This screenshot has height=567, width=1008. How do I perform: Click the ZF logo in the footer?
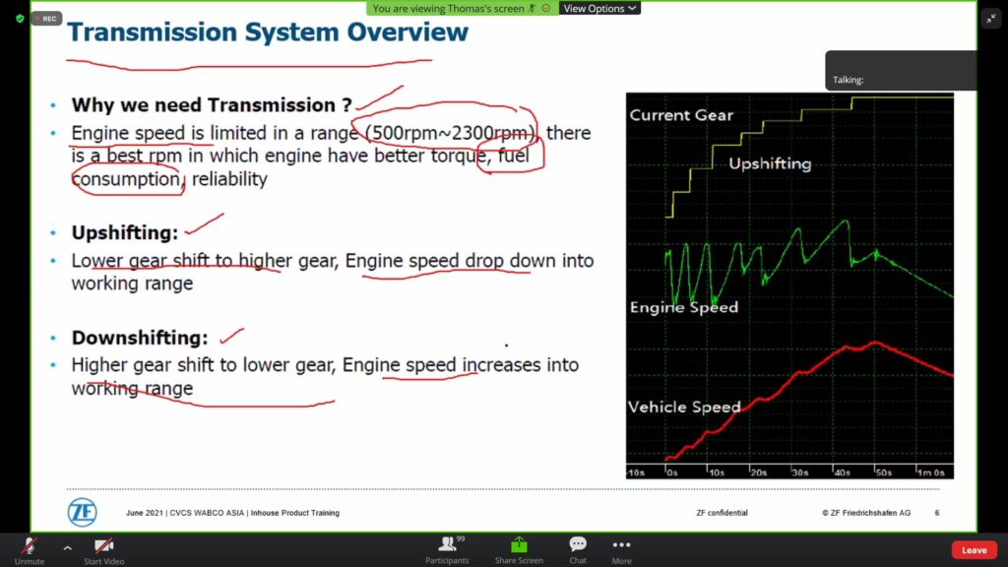[x=83, y=512]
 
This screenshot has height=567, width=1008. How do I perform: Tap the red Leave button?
[x=974, y=549]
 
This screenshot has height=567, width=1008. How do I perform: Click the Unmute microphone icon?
[x=29, y=545]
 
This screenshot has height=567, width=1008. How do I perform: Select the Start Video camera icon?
[x=103, y=545]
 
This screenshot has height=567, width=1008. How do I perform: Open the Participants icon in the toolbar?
[x=448, y=544]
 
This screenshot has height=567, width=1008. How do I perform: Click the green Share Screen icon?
[x=519, y=545]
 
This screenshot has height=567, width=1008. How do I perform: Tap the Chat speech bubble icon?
[x=577, y=544]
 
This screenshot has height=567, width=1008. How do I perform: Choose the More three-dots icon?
[x=621, y=544]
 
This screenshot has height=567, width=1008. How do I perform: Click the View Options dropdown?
[x=599, y=8]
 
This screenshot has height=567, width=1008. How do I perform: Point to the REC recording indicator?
[x=45, y=19]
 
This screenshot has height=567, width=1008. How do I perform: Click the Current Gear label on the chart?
[x=681, y=115]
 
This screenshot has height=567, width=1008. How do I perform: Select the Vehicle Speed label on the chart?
[x=684, y=407]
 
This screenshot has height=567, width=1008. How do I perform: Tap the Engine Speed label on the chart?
[x=684, y=307]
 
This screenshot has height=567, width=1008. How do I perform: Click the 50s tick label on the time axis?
[x=883, y=472]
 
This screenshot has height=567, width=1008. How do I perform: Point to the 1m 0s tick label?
[x=931, y=472]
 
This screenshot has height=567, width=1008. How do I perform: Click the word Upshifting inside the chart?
[x=770, y=164]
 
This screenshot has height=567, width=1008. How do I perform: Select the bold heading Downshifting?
[x=140, y=338]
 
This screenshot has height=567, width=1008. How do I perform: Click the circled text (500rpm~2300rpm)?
[x=450, y=133]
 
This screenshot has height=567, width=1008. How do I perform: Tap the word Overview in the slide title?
[x=408, y=32]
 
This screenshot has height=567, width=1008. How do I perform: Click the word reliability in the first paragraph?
[x=229, y=179]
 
